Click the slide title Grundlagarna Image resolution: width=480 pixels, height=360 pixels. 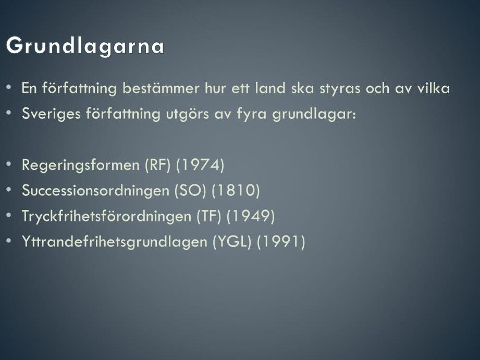[x=85, y=46]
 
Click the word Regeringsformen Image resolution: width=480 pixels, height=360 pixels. [x=81, y=166]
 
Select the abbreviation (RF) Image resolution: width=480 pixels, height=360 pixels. [x=157, y=165]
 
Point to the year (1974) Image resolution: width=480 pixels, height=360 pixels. [x=200, y=165]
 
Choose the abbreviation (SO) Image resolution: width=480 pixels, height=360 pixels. [x=190, y=191]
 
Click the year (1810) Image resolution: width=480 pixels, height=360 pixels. [x=236, y=191]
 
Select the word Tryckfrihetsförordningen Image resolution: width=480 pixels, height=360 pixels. [x=106, y=216]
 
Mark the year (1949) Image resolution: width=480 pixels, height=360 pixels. [x=251, y=216]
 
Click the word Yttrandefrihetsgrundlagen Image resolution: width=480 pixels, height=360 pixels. [x=115, y=242]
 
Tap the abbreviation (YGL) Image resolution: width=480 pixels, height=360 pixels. [x=232, y=242]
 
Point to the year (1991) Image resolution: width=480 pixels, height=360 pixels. [x=281, y=242]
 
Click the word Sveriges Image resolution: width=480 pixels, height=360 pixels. [x=51, y=114]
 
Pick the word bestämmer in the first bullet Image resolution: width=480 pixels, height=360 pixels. [x=161, y=88]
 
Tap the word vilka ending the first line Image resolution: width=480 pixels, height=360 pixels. [x=434, y=88]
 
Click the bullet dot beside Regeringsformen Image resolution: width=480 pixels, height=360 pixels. [x=8, y=164]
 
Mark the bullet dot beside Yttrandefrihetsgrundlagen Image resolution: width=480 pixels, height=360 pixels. [x=8, y=241]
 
